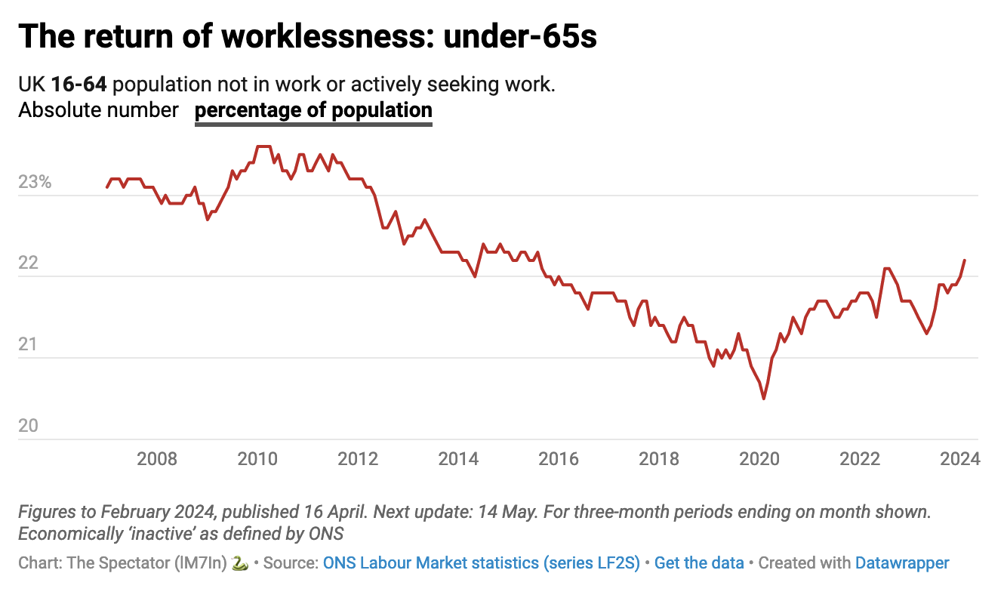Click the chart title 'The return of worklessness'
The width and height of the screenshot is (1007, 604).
pos(307,36)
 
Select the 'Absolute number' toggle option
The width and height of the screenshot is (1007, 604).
pos(98,110)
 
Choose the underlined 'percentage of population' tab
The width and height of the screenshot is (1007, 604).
pos(313,110)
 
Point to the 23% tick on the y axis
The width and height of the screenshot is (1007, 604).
pos(35,182)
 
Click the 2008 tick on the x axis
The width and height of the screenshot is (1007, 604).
pos(157,459)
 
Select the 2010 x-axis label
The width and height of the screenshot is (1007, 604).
pos(257,459)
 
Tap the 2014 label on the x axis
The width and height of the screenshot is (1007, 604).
pos(458,459)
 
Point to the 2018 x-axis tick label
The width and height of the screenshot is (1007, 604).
pos(659,459)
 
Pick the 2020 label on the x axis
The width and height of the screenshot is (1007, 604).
pos(759,459)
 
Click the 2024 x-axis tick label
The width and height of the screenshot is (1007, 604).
pos(959,459)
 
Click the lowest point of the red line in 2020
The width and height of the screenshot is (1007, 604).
pos(764,399)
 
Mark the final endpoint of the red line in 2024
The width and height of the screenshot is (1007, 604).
pos(965,260)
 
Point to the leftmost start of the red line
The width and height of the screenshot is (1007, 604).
pos(106,187)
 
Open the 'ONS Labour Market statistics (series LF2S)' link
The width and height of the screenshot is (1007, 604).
pos(482,563)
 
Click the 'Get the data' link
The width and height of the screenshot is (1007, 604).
pos(699,563)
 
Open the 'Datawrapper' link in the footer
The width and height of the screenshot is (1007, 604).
pos(902,563)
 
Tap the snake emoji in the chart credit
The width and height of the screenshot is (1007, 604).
pos(239,563)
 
